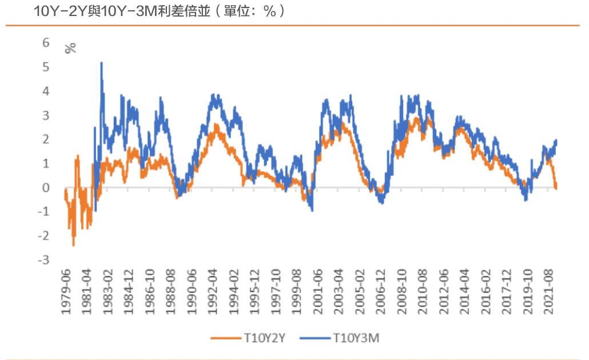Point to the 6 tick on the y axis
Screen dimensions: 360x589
46,43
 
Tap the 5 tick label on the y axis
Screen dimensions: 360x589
46,67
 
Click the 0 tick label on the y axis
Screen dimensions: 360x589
46,187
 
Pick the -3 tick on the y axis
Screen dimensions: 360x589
44,260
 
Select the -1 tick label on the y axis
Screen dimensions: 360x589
44,211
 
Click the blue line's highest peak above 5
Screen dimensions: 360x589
101,63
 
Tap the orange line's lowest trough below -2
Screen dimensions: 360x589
73,245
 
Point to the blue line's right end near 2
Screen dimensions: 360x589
556,141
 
